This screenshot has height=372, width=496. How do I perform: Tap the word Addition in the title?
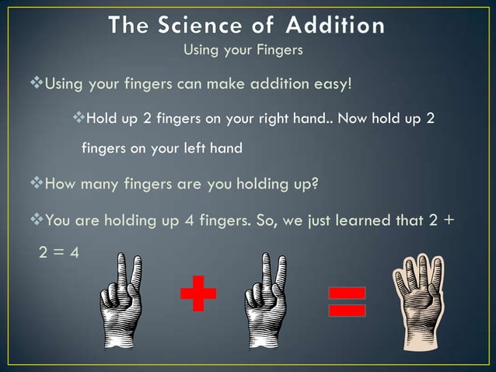click(335, 26)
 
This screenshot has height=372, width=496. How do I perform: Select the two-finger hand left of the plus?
click(122, 301)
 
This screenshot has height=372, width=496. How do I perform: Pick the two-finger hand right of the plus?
click(264, 301)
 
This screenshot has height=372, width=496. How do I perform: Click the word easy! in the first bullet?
click(338, 83)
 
